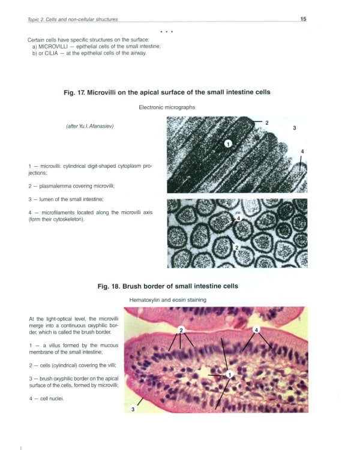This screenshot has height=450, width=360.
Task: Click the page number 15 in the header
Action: pyautogui.click(x=303, y=19)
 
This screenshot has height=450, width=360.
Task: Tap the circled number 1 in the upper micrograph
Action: pyautogui.click(x=228, y=143)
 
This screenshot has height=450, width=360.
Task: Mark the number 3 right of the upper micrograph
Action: pyautogui.click(x=294, y=128)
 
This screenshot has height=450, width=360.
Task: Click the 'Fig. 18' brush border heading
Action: pyautogui.click(x=167, y=286)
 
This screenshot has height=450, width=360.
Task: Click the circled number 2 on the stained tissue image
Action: pyautogui.click(x=181, y=329)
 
